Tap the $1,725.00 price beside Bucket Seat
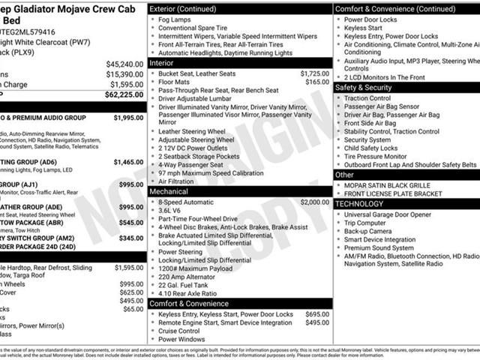coord(314,74)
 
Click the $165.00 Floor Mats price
coord(317,82)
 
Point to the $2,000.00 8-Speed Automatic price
coord(314,202)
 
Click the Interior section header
coord(162,63)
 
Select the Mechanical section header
coord(168,191)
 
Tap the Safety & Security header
coord(363,87)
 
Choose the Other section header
coord(344,174)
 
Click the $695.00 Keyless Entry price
coord(317,313)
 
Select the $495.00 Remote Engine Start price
coord(317,322)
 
